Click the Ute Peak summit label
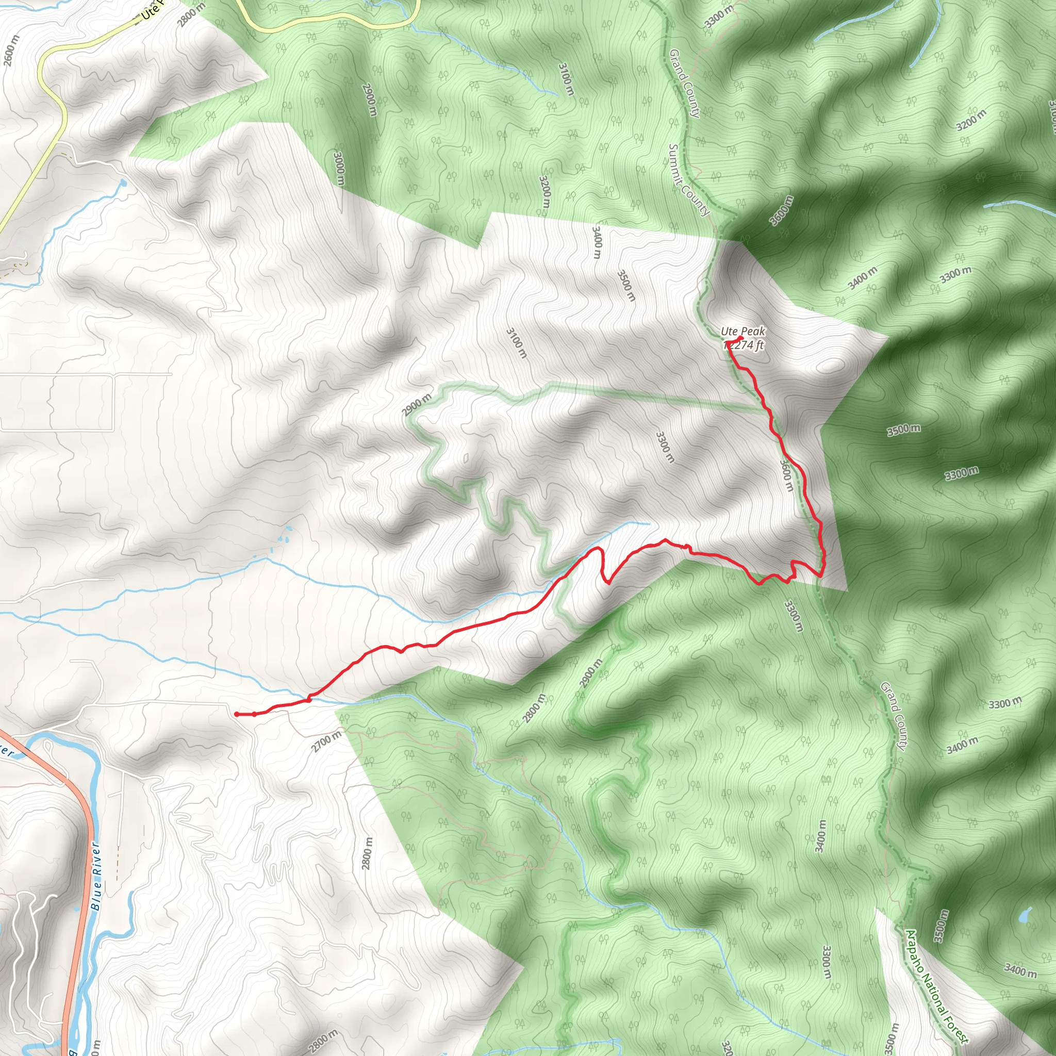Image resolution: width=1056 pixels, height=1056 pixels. click(743, 331)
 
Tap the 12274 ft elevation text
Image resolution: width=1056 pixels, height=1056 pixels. click(745, 345)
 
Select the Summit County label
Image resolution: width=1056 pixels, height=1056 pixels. click(689, 180)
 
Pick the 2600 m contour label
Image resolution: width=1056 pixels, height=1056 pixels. click(11, 51)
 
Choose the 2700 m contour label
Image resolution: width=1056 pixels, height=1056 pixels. click(326, 741)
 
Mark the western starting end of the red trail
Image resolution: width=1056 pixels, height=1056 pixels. click(236, 714)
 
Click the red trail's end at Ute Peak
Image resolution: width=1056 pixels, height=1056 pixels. click(740, 338)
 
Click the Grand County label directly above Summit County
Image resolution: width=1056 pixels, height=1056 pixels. click(684, 83)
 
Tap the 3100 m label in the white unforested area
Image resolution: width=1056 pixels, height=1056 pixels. click(517, 343)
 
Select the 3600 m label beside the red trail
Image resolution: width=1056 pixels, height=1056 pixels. click(786, 475)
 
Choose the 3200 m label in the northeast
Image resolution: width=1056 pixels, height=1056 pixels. click(971, 120)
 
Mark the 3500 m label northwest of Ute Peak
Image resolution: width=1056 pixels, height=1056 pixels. click(626, 285)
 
